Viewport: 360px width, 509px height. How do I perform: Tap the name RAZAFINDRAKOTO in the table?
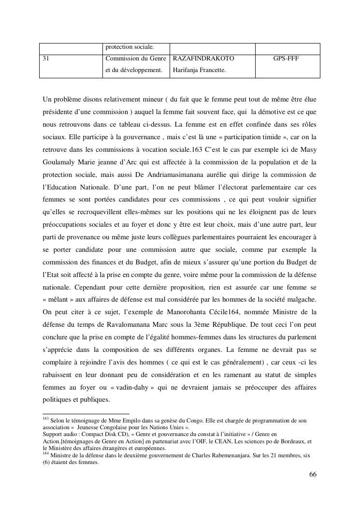(x=203, y=58)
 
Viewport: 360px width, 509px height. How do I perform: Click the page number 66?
(x=313, y=474)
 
